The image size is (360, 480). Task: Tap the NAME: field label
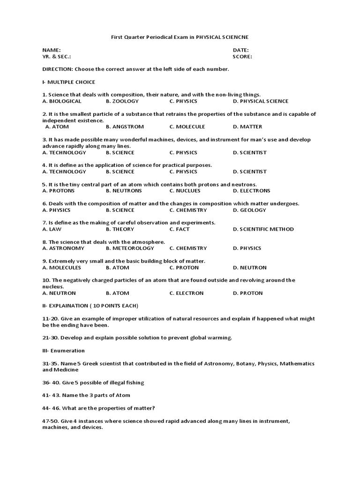click(x=52, y=50)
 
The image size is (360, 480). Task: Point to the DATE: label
click(x=240, y=50)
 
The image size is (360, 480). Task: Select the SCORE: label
click(x=242, y=56)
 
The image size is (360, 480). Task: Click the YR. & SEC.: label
click(x=57, y=56)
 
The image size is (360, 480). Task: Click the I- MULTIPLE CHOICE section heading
click(x=68, y=82)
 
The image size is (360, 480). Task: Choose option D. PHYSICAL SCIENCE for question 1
click(x=261, y=101)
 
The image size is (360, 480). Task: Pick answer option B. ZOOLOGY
click(x=122, y=101)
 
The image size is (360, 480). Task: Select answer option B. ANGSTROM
click(x=125, y=127)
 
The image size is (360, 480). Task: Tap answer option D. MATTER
click(x=247, y=127)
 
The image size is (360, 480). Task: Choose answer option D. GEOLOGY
click(x=249, y=210)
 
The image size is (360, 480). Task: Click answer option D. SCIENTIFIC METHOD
click(x=263, y=229)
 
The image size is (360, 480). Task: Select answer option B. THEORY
click(x=120, y=229)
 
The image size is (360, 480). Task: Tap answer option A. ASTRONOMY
click(x=63, y=248)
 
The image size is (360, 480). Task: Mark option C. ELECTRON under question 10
click(x=187, y=293)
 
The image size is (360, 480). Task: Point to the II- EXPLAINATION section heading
click(x=90, y=306)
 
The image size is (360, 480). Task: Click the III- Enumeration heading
click(x=63, y=351)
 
